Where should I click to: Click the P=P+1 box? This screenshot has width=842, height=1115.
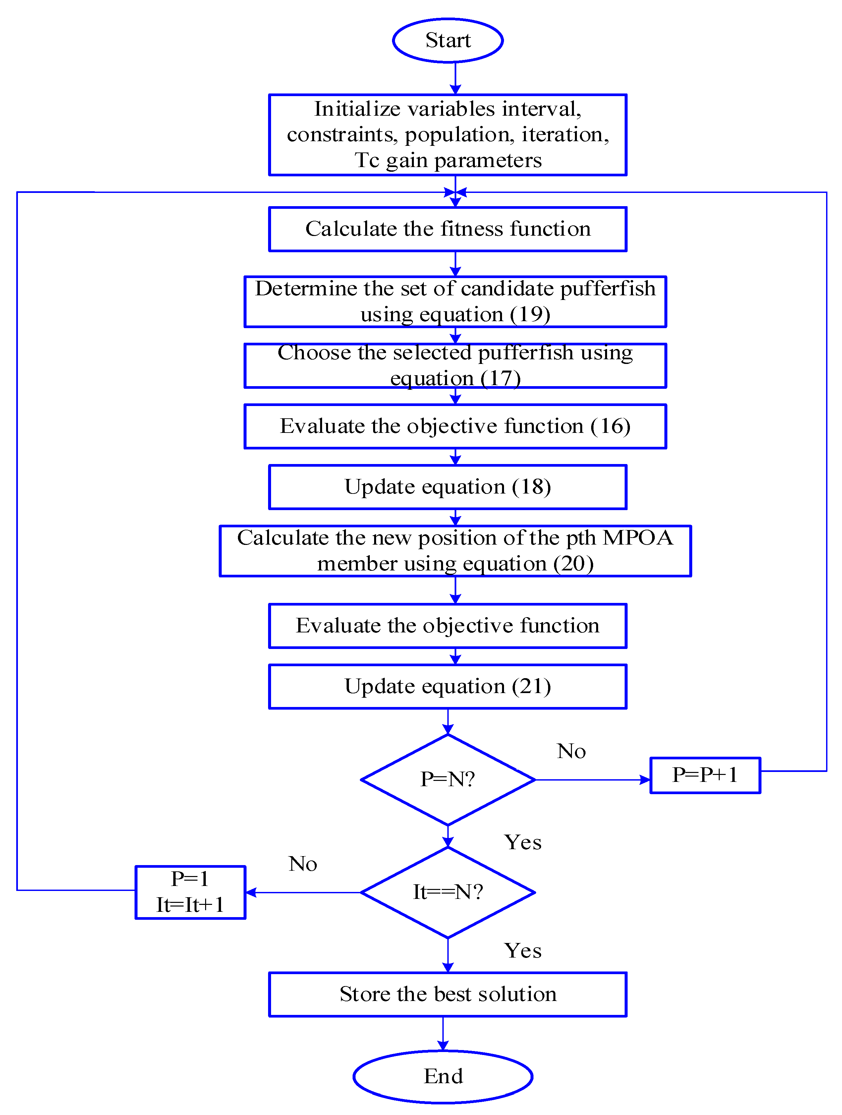click(704, 775)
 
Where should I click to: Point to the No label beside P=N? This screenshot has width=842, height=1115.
click(571, 751)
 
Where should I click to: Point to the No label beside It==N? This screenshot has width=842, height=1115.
click(302, 863)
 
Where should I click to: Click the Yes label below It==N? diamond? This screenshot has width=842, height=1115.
click(523, 951)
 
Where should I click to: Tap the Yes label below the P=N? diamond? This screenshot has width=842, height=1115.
click(523, 842)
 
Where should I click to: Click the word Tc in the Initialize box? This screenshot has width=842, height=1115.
click(366, 160)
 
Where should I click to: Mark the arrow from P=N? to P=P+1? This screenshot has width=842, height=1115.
click(592, 780)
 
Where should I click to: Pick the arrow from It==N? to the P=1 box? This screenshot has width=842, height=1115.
click(302, 892)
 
